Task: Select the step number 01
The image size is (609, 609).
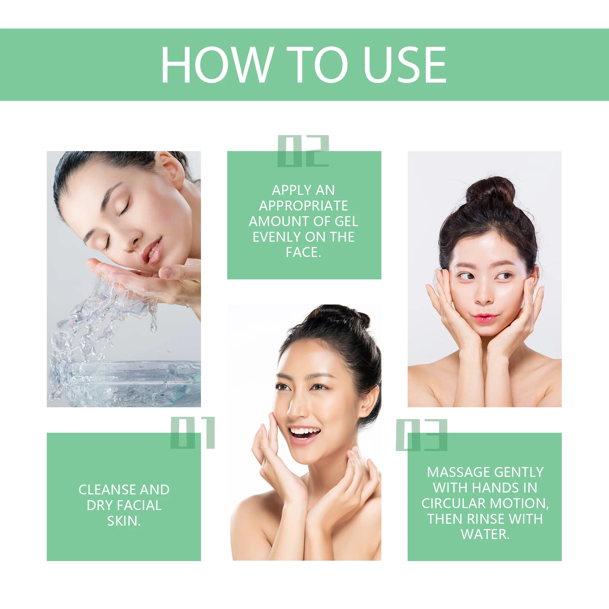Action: click(x=193, y=433)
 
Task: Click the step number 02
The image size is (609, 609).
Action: click(x=303, y=151)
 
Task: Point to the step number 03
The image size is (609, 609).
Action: click(x=421, y=435)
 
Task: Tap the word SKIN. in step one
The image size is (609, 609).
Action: click(x=124, y=521)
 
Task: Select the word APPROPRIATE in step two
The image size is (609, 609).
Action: click(x=303, y=206)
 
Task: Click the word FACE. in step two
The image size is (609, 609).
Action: click(x=303, y=252)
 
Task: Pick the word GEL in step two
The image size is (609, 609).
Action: click(x=346, y=221)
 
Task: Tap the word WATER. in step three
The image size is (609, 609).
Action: click(x=485, y=534)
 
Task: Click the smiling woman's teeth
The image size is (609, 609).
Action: click(x=304, y=432)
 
